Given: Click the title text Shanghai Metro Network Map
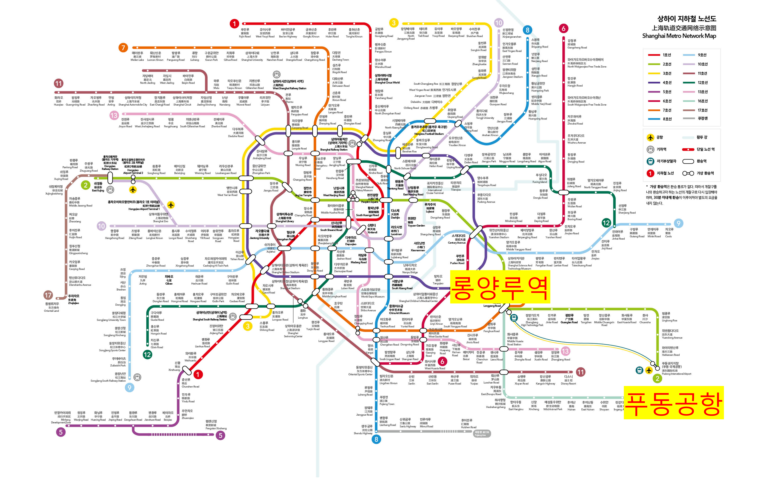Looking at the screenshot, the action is (x=679, y=36).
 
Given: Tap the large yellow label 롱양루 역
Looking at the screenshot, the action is (x=500, y=287).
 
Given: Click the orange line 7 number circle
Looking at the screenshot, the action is (x=123, y=48).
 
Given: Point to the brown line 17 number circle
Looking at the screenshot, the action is (x=48, y=295).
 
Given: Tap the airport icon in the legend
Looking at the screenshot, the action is (x=651, y=137).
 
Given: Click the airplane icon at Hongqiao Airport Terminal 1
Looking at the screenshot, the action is (x=171, y=205).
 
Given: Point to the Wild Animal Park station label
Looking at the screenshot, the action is (x=552, y=406).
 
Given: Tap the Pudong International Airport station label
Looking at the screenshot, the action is (x=676, y=368).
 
